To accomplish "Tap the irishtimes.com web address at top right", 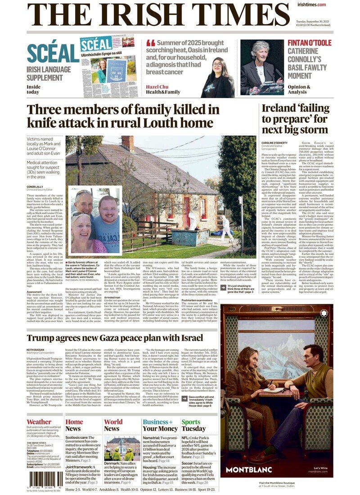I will coord(311,4).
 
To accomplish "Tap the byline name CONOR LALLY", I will coord(36,186).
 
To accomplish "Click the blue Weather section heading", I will coord(39,422).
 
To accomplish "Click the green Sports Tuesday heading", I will coord(193,425).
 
